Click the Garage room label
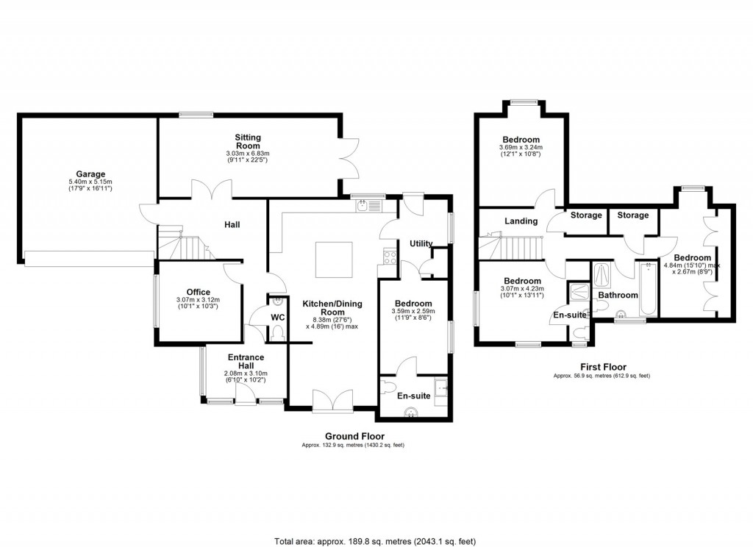pyautogui.click(x=90, y=174)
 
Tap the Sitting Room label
pyautogui.click(x=248, y=141)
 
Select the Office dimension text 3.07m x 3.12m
pyautogui.click(x=199, y=300)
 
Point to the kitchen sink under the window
pyautogui.click(x=368, y=207)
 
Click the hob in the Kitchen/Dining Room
pyautogui.click(x=390, y=257)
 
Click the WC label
pyautogui.click(x=277, y=318)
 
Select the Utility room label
pyautogui.click(x=421, y=243)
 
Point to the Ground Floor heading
pyautogui.click(x=355, y=436)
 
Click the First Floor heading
pyautogui.click(x=603, y=367)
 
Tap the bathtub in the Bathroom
pyautogui.click(x=649, y=289)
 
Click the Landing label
pyautogui.click(x=521, y=221)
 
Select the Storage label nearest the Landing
pyautogui.click(x=586, y=215)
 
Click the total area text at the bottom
pyautogui.click(x=375, y=541)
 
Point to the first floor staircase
pyautogui.click(x=511, y=247)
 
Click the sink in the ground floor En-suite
pyautogui.click(x=412, y=412)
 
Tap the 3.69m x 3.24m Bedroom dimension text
pyautogui.click(x=521, y=148)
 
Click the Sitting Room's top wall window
pyautogui.click(x=196, y=114)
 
